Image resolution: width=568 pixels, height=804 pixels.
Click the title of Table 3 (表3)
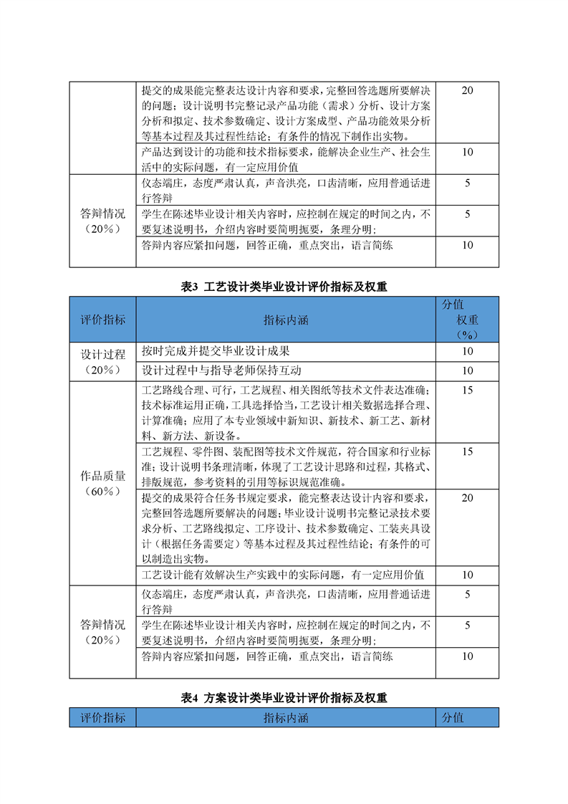pyautogui.click(x=284, y=287)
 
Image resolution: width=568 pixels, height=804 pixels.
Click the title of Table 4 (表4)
pyautogui.click(x=284, y=697)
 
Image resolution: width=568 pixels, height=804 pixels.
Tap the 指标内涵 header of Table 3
pyautogui.click(x=285, y=320)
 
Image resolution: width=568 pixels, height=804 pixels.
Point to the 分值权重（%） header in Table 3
pyautogui.click(x=467, y=320)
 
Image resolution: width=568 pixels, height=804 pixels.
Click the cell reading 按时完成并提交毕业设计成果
pyautogui.click(x=216, y=351)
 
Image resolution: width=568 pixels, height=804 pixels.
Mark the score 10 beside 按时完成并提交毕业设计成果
pyautogui.click(x=467, y=351)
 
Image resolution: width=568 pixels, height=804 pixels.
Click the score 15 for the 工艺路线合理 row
pyautogui.click(x=467, y=391)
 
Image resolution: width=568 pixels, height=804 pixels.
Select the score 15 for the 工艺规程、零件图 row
pyautogui.click(x=467, y=452)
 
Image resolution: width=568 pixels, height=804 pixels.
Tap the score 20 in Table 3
pyautogui.click(x=467, y=497)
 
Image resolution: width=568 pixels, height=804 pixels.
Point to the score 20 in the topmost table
pyautogui.click(x=467, y=90)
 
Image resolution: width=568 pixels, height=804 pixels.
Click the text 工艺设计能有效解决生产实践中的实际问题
pyautogui.click(x=283, y=575)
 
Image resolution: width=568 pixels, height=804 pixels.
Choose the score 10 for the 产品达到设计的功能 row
pyautogui.click(x=467, y=152)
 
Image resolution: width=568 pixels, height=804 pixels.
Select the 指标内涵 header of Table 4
pyautogui.click(x=285, y=717)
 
